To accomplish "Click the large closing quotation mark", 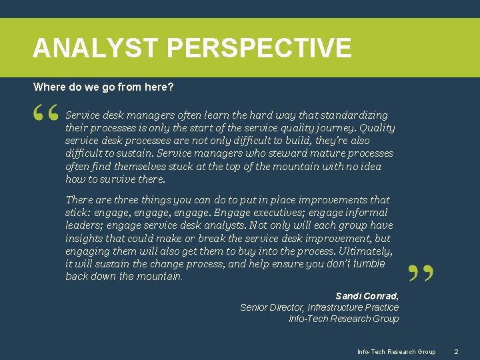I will (x=420, y=273).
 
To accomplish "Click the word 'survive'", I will (x=116, y=179).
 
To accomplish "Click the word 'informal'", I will (x=365, y=213).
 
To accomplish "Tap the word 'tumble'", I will (x=369, y=264).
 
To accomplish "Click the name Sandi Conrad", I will (x=367, y=295).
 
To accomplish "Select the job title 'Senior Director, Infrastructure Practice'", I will (x=319, y=307).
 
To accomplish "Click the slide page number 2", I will (x=456, y=351).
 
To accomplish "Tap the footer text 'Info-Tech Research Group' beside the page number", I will (x=396, y=351).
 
